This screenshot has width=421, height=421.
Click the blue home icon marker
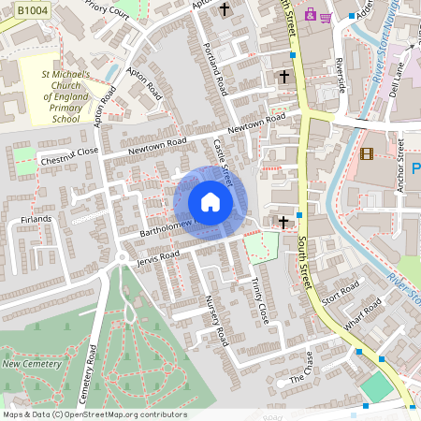(210, 202)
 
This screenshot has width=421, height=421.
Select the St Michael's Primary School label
(65, 95)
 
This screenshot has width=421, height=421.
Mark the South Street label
(304, 261)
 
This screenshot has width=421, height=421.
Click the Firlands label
(36, 219)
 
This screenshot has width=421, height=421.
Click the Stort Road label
(340, 296)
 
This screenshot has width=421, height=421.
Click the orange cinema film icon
(366, 153)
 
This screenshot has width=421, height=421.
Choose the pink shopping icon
(325, 16)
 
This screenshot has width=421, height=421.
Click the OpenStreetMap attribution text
(94, 414)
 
